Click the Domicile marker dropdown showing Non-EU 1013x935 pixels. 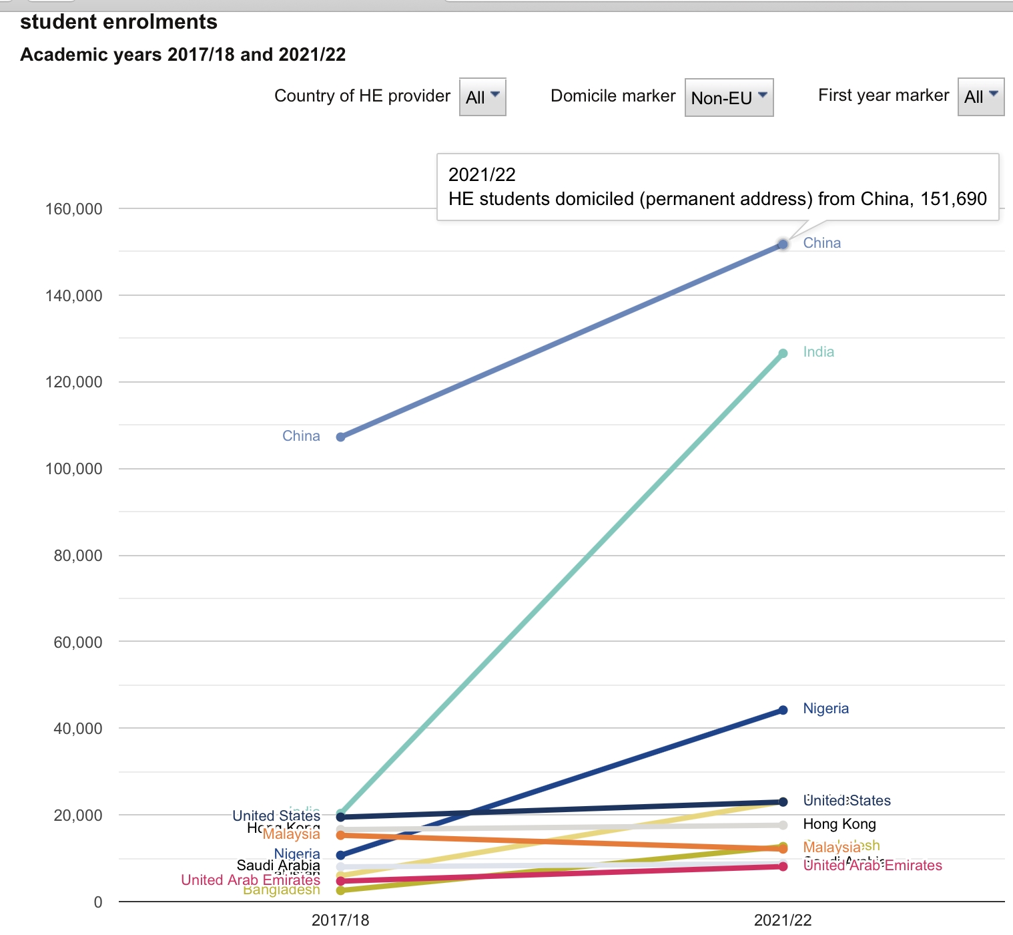729,98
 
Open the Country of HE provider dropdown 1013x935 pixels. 482,98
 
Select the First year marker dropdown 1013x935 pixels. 980,98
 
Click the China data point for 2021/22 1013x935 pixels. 783,245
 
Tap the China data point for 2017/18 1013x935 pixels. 340,437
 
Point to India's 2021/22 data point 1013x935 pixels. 783,353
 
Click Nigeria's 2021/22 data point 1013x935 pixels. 783,710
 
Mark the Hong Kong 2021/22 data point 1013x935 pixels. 783,825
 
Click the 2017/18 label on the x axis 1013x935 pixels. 340,920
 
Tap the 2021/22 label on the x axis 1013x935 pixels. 783,920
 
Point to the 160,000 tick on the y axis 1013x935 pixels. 73,209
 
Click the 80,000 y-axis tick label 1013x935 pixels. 78,556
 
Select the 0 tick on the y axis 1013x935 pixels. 98,902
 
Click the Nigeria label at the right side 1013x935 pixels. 825,709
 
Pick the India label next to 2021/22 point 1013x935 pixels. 818,352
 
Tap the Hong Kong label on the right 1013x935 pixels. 839,824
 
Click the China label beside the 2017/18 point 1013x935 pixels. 301,436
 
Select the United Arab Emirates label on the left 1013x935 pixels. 250,880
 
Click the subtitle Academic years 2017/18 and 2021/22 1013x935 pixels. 183,55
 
